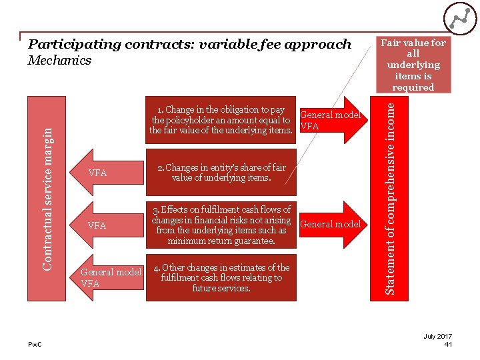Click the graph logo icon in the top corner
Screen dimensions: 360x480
pos(459,19)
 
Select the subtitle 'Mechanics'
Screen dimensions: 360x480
pos(60,61)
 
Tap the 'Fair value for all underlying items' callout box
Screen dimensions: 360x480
pos(413,65)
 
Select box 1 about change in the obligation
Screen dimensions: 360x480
pos(221,120)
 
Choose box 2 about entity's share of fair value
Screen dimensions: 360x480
pos(221,173)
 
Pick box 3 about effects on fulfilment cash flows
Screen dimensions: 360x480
pos(221,225)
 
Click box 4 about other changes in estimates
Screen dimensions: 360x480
pos(221,278)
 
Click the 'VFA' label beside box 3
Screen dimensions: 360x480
pos(97,225)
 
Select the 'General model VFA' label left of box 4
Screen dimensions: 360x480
pos(111,277)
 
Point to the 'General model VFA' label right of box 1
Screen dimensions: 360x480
pos(330,120)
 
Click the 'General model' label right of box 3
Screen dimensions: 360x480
pos(331,224)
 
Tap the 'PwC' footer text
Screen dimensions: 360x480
pos(35,344)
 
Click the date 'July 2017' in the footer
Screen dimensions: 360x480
pos(438,336)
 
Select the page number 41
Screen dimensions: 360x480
pos(448,344)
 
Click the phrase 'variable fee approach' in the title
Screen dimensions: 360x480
pos(280,45)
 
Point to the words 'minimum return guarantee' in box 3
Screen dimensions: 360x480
pos(221,241)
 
